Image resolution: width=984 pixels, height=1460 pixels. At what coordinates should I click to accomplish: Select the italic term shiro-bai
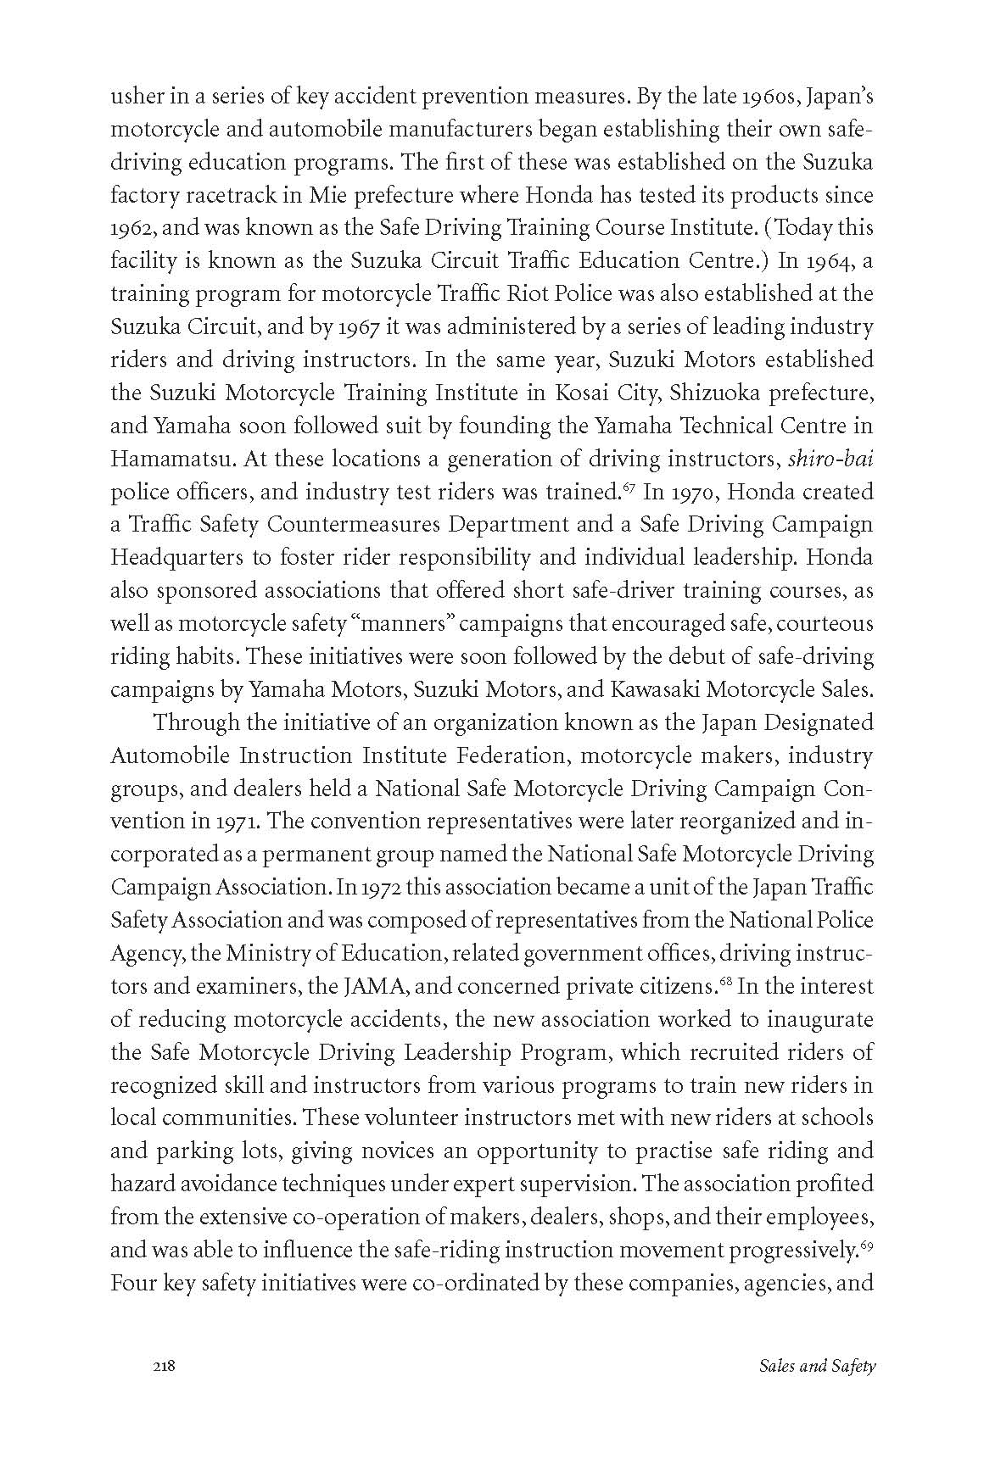click(x=831, y=459)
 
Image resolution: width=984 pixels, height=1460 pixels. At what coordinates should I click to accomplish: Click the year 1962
click(x=130, y=228)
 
